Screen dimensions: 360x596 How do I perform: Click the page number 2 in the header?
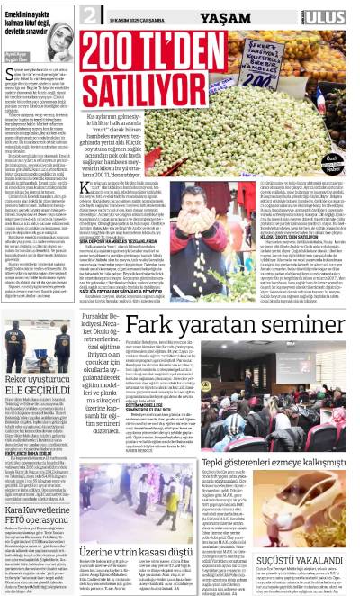click(90, 16)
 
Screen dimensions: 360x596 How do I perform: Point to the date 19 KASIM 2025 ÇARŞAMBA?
click(137, 16)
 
